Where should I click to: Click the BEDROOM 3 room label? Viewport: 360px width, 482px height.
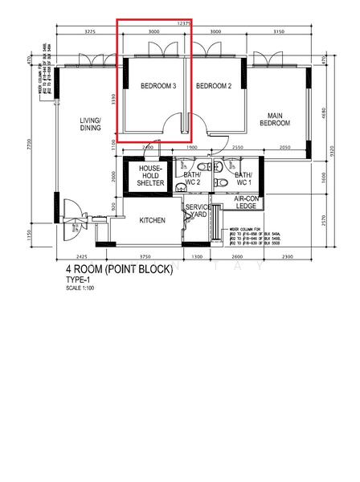pos(158,86)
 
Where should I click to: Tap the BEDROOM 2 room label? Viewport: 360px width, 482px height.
pos(214,86)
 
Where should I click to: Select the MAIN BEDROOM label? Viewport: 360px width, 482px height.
pos(274,118)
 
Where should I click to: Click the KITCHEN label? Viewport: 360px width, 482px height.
pos(153,220)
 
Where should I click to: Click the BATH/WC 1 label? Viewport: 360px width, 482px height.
pos(243,178)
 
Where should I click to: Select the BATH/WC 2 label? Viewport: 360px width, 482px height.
pos(192,178)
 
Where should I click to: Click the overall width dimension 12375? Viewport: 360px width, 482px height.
pos(184,23)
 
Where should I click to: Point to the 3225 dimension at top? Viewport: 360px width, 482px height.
pos(89,32)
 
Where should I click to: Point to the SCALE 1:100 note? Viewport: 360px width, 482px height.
pos(81,288)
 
